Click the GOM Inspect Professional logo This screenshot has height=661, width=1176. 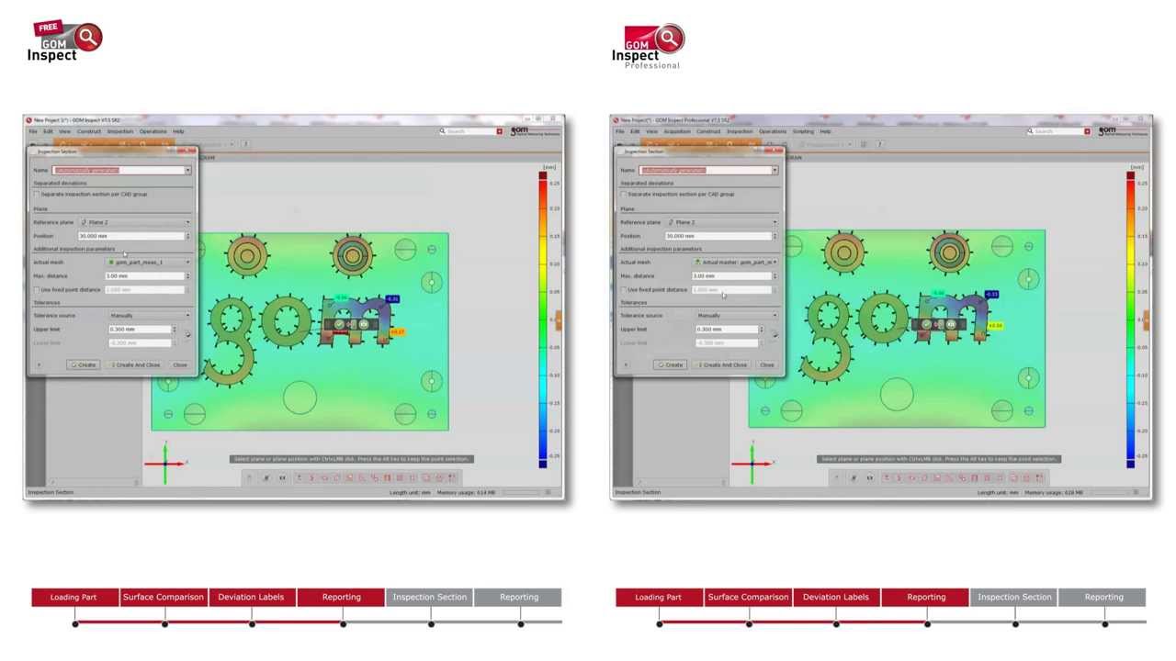click(x=649, y=47)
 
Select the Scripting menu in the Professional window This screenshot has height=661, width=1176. click(x=802, y=131)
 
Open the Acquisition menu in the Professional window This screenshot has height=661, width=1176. click(x=677, y=131)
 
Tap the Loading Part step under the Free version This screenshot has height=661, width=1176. click(x=73, y=597)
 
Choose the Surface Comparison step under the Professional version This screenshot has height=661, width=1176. click(x=748, y=597)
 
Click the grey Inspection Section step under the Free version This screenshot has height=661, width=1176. click(x=429, y=597)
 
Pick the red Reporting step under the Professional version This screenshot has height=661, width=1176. click(x=925, y=597)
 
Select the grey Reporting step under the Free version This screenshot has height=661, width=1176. click(x=518, y=597)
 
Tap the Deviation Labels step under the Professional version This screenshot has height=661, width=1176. click(x=836, y=597)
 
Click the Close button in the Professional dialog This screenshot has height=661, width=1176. click(x=766, y=365)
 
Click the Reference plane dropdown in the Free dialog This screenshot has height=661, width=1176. click(x=135, y=222)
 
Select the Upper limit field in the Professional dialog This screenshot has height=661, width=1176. click(x=729, y=330)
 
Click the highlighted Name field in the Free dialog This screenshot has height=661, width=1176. click(x=120, y=171)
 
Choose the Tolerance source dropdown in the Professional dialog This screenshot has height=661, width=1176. click(x=735, y=316)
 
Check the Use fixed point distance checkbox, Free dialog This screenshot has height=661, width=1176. click(x=37, y=290)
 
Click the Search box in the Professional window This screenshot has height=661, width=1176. click(x=1057, y=131)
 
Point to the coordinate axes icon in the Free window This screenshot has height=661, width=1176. click(x=165, y=462)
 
